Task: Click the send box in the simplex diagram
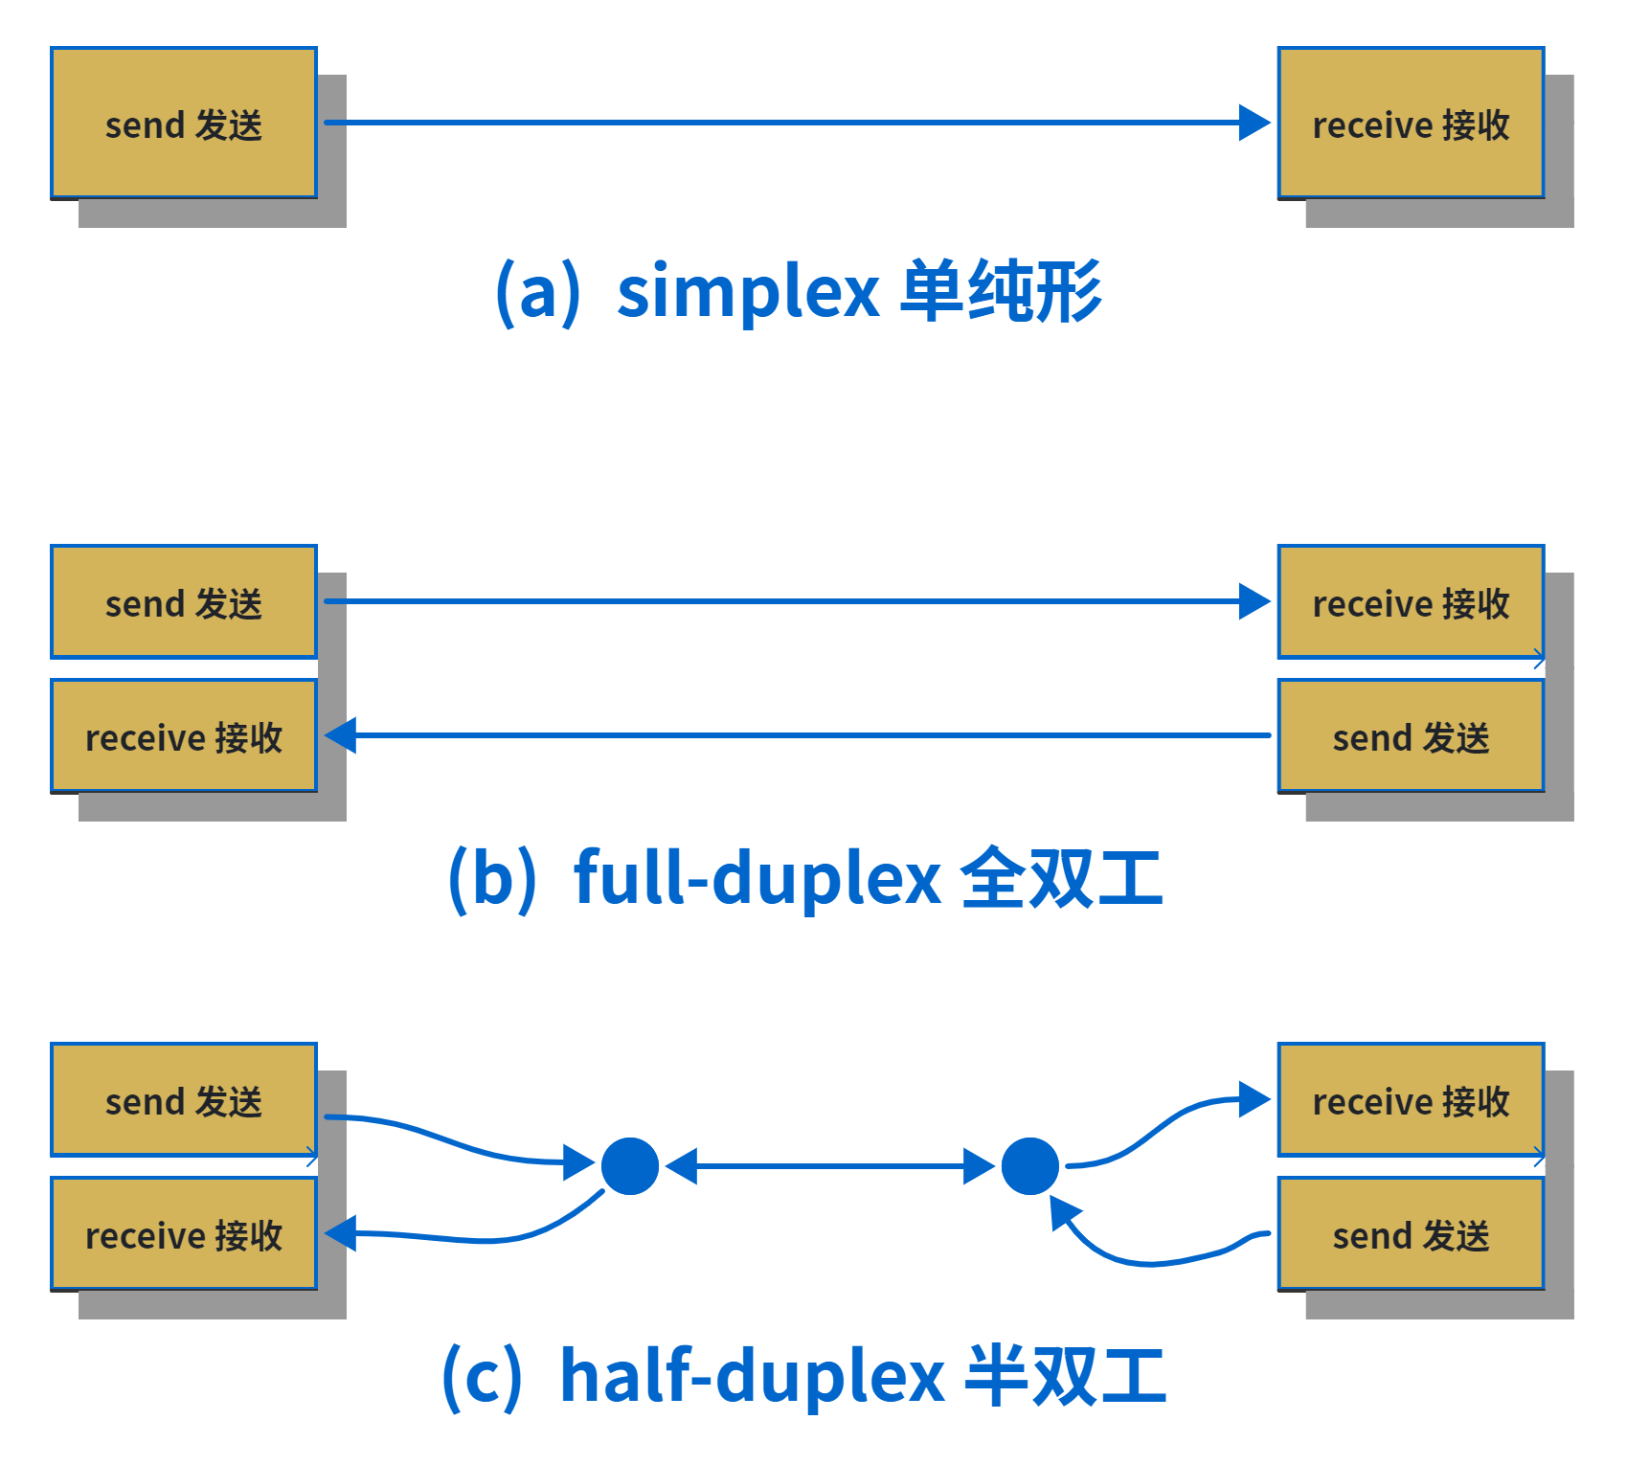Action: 184,123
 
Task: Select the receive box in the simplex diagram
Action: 1411,123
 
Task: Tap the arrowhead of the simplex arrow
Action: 1254,123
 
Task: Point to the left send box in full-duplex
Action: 184,601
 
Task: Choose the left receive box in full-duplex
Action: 184,735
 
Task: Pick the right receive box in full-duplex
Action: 1411,601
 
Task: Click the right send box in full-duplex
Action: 1411,735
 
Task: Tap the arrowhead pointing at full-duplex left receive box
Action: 341,735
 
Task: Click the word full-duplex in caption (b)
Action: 757,877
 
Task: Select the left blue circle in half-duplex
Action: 630,1166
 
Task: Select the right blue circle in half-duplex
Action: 1030,1166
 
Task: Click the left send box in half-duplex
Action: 184,1099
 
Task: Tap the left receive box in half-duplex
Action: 184,1233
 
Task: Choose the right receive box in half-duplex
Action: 1411,1099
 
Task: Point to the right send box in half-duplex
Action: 1411,1233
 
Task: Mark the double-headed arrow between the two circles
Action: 830,1166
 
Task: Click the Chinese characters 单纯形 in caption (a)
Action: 1002,291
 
